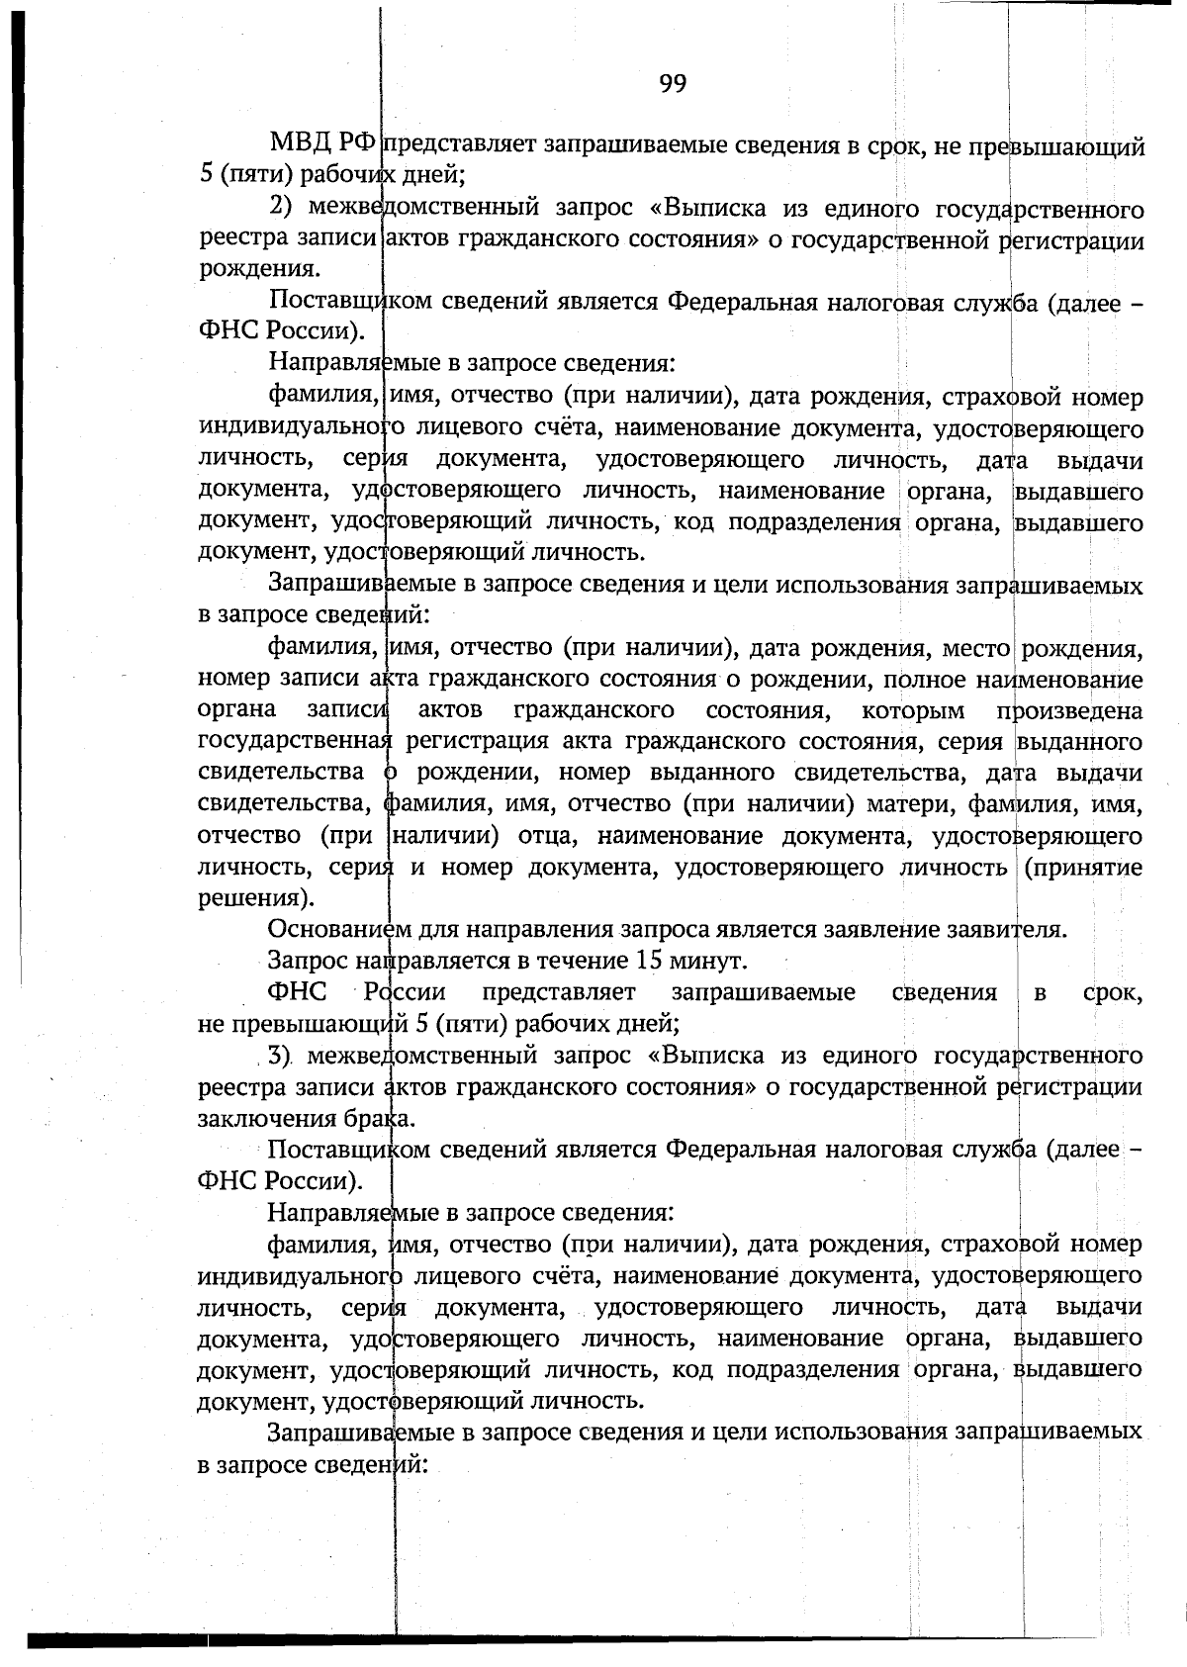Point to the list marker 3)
[x=279, y=1056]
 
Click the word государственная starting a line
[x=294, y=742]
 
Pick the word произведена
[x=1069, y=711]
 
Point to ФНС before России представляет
[x=297, y=992]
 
